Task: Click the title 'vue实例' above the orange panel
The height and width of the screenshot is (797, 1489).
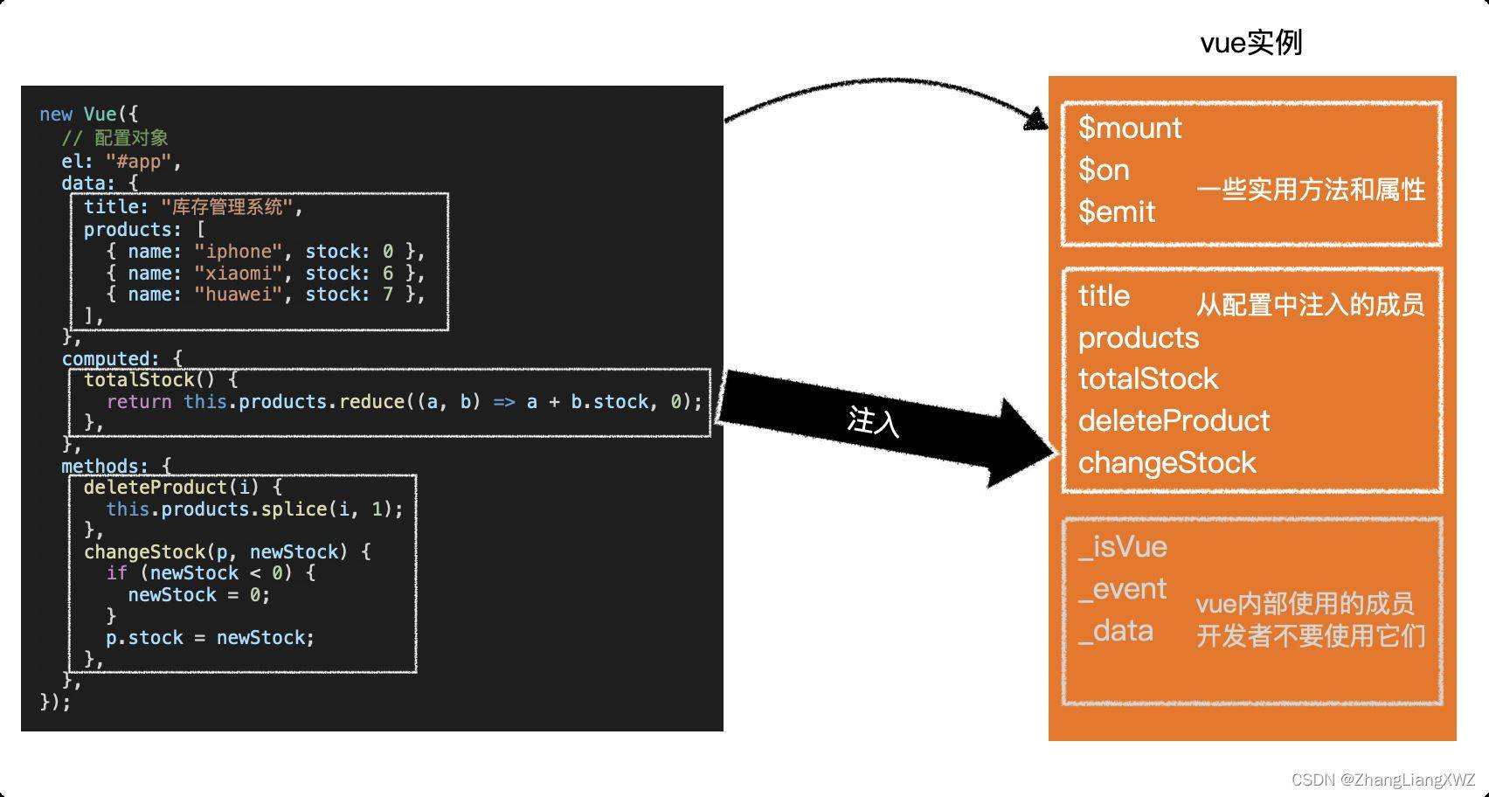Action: (x=1251, y=42)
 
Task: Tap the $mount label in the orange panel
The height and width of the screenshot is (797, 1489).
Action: (x=1130, y=128)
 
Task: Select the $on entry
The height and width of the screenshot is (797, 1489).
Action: (x=1104, y=170)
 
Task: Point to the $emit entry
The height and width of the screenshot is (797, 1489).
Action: (x=1117, y=211)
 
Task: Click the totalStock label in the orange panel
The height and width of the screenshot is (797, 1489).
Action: (x=1147, y=379)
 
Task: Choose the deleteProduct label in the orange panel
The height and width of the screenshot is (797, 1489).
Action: (x=1174, y=421)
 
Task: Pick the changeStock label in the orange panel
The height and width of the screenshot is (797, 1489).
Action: (x=1167, y=463)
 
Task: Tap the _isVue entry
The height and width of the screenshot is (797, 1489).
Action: (x=1123, y=547)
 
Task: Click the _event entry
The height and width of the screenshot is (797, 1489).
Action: (x=1123, y=589)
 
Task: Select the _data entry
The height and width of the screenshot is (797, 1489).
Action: (x=1116, y=631)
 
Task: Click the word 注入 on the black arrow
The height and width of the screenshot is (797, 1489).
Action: (x=873, y=421)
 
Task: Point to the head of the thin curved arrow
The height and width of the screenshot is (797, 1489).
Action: (x=1037, y=120)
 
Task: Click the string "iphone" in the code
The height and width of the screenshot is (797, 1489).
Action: (x=239, y=252)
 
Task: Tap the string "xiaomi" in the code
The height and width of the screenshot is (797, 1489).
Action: (x=239, y=274)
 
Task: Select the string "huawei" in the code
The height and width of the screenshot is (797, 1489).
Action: (x=239, y=295)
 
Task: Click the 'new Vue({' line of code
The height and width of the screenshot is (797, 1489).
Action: (x=88, y=114)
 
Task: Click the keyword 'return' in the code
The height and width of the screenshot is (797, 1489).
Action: (x=139, y=402)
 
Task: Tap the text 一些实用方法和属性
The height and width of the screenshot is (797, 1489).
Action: (x=1311, y=190)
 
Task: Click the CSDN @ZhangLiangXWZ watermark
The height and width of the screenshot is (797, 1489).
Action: (x=1382, y=780)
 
